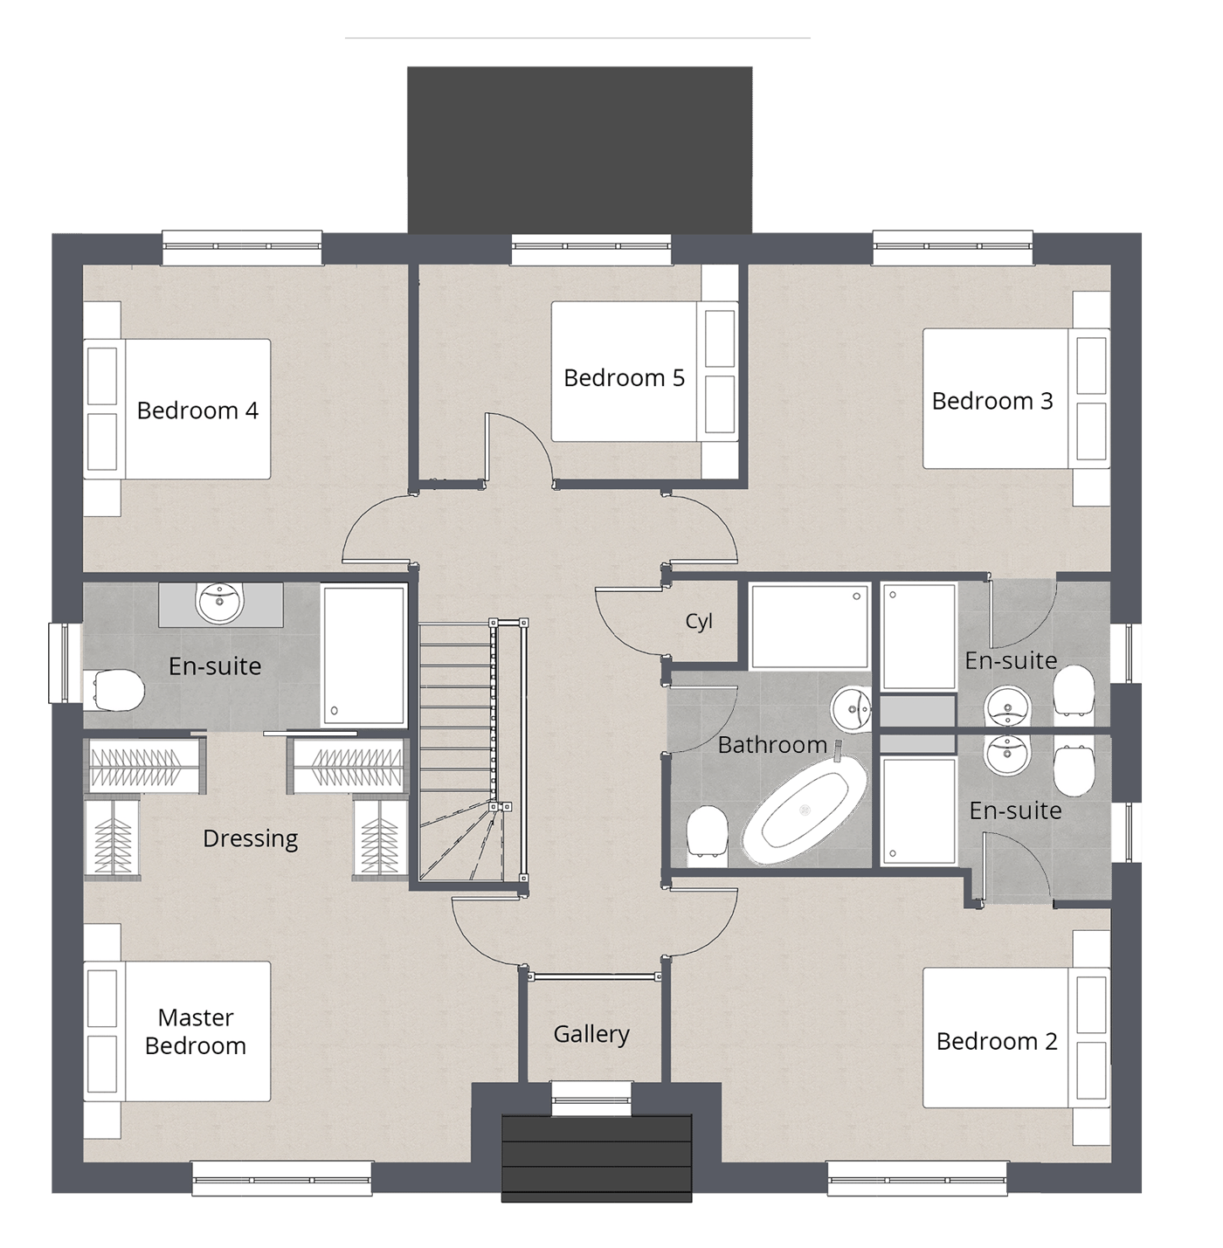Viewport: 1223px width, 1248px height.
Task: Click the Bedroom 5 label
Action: pos(624,377)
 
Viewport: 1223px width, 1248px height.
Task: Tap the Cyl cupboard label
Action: pos(699,621)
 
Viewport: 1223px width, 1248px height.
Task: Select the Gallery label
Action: pos(591,1034)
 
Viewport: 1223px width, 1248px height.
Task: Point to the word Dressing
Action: pos(250,838)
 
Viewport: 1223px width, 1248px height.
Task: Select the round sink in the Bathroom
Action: pos(851,709)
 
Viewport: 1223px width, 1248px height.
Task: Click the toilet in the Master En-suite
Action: pos(118,690)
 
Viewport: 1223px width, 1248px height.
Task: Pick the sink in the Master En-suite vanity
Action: pos(220,603)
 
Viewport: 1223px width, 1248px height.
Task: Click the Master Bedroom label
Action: pos(195,1031)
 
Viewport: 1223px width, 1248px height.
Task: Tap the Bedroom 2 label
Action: pos(996,1041)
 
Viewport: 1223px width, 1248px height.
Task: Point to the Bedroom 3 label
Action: pos(992,401)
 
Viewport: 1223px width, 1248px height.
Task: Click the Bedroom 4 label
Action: pos(197,410)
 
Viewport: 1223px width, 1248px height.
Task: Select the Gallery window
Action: pos(591,1098)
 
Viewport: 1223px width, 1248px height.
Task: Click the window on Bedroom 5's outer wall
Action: pos(591,250)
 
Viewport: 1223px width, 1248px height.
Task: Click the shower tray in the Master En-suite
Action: pos(364,655)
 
